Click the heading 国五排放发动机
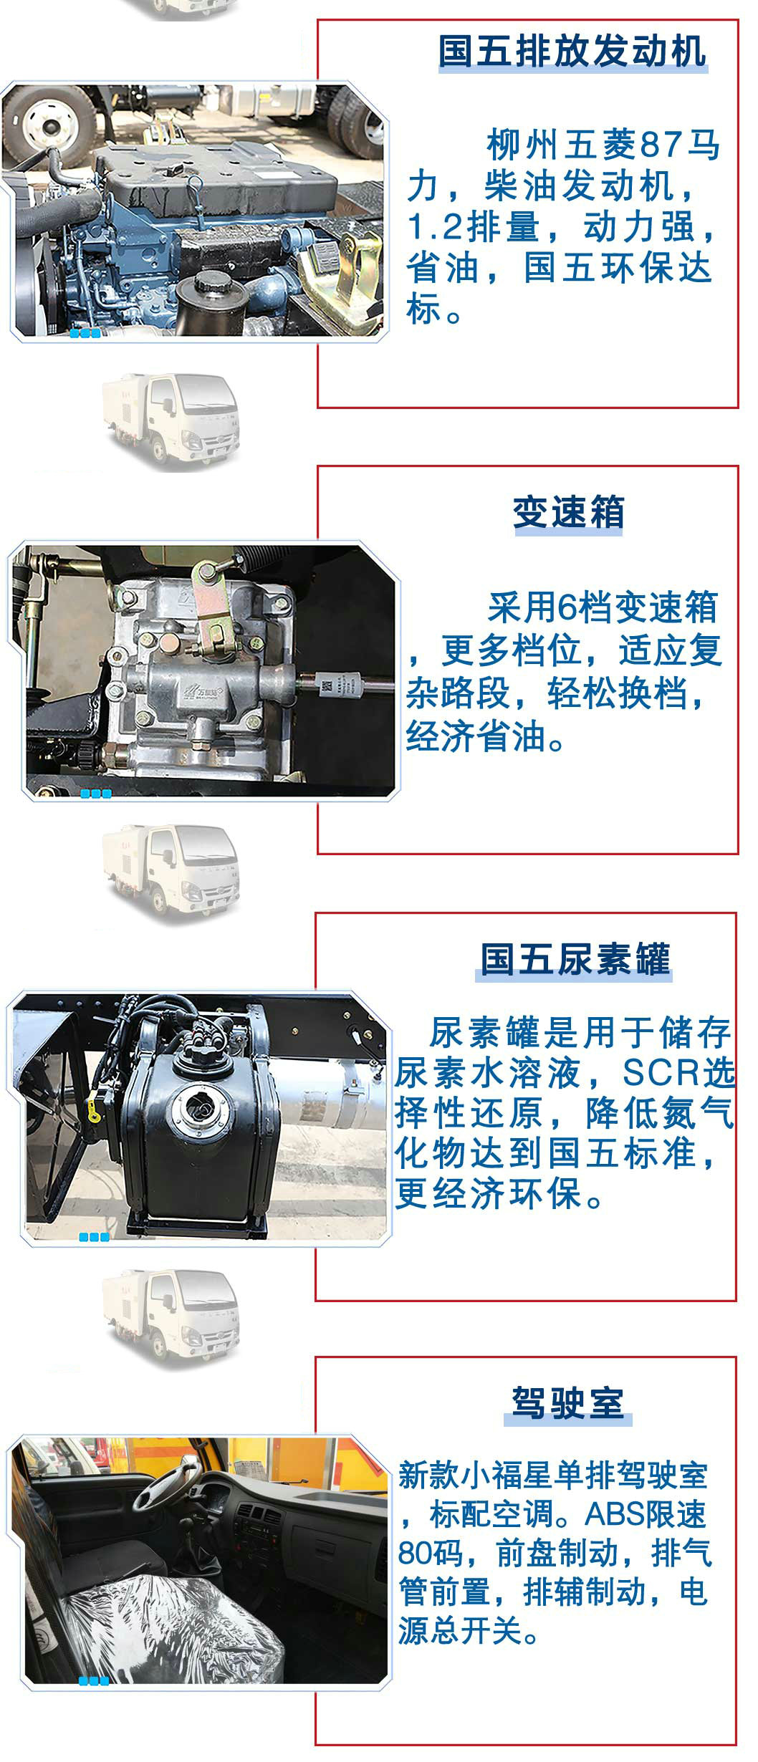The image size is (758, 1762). click(x=572, y=52)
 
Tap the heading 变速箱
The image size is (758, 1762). click(x=569, y=512)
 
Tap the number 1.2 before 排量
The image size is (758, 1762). click(x=433, y=227)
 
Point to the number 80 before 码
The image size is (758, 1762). click(x=415, y=1553)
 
